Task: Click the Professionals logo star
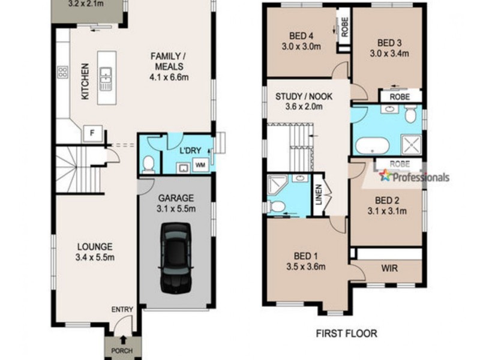pos(385,176)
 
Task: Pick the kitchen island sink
pos(106,77)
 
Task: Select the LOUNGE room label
pos(95,246)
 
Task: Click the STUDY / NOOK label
pos(304,97)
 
